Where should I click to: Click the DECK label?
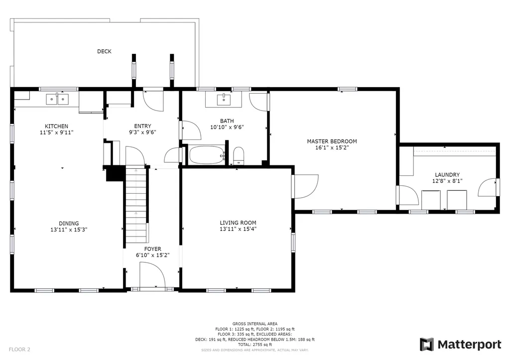104,51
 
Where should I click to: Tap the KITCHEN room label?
57,126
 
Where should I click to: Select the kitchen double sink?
57,99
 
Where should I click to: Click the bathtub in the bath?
207,155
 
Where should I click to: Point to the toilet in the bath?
239,156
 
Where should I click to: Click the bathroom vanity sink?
224,100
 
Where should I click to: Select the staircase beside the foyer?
136,205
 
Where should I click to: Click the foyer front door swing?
152,275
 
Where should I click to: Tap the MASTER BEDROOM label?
332,141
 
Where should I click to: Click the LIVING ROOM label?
238,223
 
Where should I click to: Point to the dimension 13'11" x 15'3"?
69,230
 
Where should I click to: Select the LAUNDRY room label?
447,175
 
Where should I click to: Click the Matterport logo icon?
427,345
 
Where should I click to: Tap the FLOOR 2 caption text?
19,350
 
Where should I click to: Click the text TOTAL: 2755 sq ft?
255,345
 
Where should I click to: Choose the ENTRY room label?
142,126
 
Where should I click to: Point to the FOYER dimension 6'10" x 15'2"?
152,255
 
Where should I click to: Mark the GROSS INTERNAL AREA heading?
255,324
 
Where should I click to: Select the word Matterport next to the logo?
469,345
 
